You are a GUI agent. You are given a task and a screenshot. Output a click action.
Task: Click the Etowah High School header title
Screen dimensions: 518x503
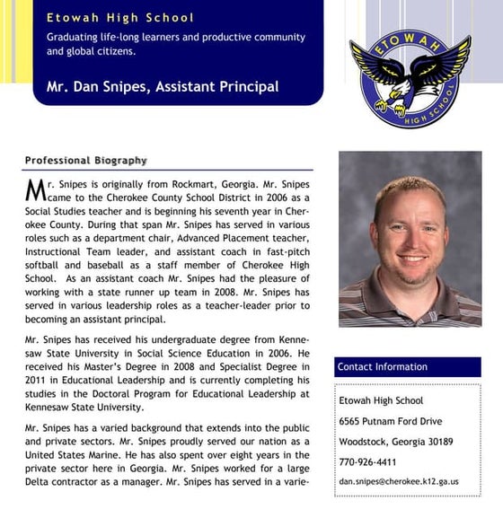tap(119, 17)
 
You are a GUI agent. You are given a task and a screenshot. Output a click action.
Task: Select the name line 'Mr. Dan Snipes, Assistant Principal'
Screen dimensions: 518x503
tap(163, 87)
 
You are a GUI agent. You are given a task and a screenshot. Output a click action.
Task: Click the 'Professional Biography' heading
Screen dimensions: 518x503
tap(85, 160)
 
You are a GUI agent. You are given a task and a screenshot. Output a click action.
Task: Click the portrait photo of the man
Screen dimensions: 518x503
tap(410, 238)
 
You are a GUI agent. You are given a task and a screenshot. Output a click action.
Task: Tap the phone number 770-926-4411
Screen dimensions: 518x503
tap(367, 461)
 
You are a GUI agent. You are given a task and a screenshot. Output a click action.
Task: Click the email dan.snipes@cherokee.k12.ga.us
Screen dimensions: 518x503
tap(398, 481)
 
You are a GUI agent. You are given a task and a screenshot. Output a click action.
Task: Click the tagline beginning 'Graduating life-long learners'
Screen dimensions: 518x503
tap(175, 45)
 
